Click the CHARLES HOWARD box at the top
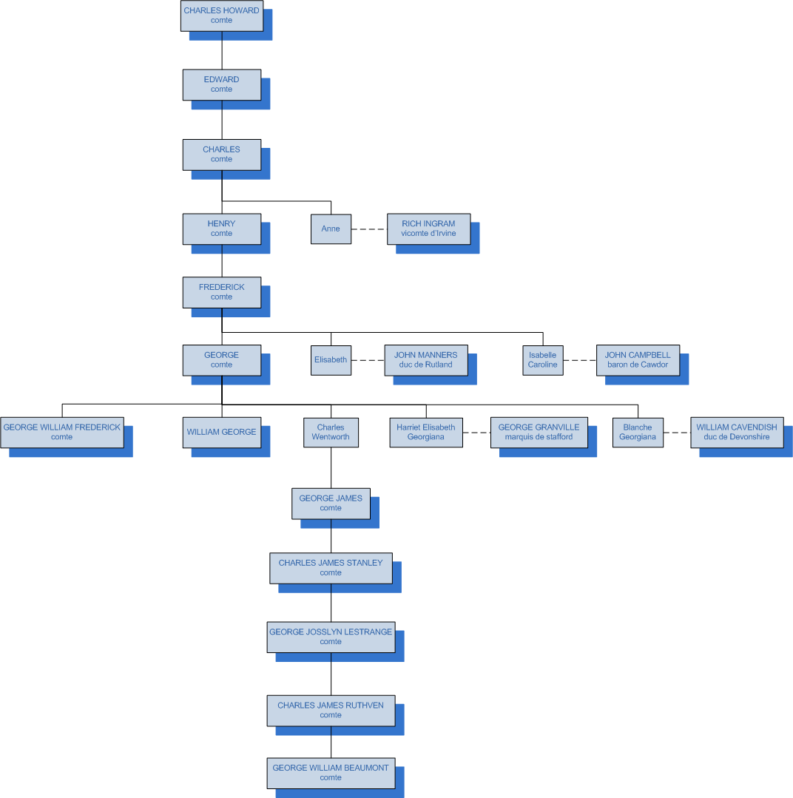pos(221,16)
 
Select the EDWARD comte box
pos(221,84)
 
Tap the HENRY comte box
pos(221,229)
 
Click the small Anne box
pos(331,229)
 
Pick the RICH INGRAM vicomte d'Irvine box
pos(428,229)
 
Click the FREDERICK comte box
pos(221,292)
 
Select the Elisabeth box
pos(331,360)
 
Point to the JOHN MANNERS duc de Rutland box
pos(425,360)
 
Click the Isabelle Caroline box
pos(542,360)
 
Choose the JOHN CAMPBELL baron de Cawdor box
pos(638,360)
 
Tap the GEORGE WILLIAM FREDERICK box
pos(61,432)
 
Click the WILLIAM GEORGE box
pos(221,432)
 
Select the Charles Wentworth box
pos(331,432)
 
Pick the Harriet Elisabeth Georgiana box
pos(426,432)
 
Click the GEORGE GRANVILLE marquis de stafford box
pos(539,432)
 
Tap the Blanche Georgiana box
pos(638,432)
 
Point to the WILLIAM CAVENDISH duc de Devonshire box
pos(736,432)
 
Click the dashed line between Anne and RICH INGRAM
pos(369,229)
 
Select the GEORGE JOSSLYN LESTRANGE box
pos(331,637)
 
